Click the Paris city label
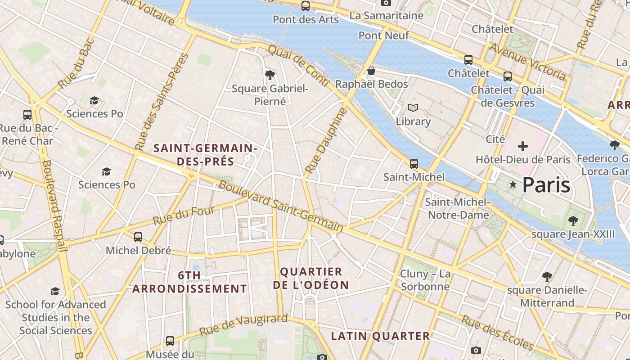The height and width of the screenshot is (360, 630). pyautogui.click(x=546, y=185)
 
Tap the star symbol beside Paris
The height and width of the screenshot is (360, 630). pyautogui.click(x=513, y=184)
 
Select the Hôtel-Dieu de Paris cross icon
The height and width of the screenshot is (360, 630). pyautogui.click(x=523, y=146)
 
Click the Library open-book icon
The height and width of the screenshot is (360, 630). pyautogui.click(x=413, y=108)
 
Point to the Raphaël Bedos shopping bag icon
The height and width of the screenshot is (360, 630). pyautogui.click(x=371, y=71)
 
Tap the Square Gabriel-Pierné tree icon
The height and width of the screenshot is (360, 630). pyautogui.click(x=270, y=75)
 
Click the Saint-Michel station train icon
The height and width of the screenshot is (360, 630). pyautogui.click(x=414, y=164)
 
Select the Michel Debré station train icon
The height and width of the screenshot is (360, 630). pyautogui.click(x=138, y=237)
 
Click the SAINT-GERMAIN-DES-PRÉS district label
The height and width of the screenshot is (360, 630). pyautogui.click(x=205, y=154)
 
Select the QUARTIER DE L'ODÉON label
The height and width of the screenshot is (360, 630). pyautogui.click(x=311, y=278)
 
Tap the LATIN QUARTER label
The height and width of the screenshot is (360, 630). pyautogui.click(x=381, y=336)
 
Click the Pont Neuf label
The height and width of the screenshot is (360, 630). pyautogui.click(x=384, y=35)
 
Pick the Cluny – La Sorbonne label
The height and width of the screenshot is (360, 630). pyautogui.click(x=425, y=280)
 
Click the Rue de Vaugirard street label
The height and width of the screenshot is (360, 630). pyautogui.click(x=243, y=325)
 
